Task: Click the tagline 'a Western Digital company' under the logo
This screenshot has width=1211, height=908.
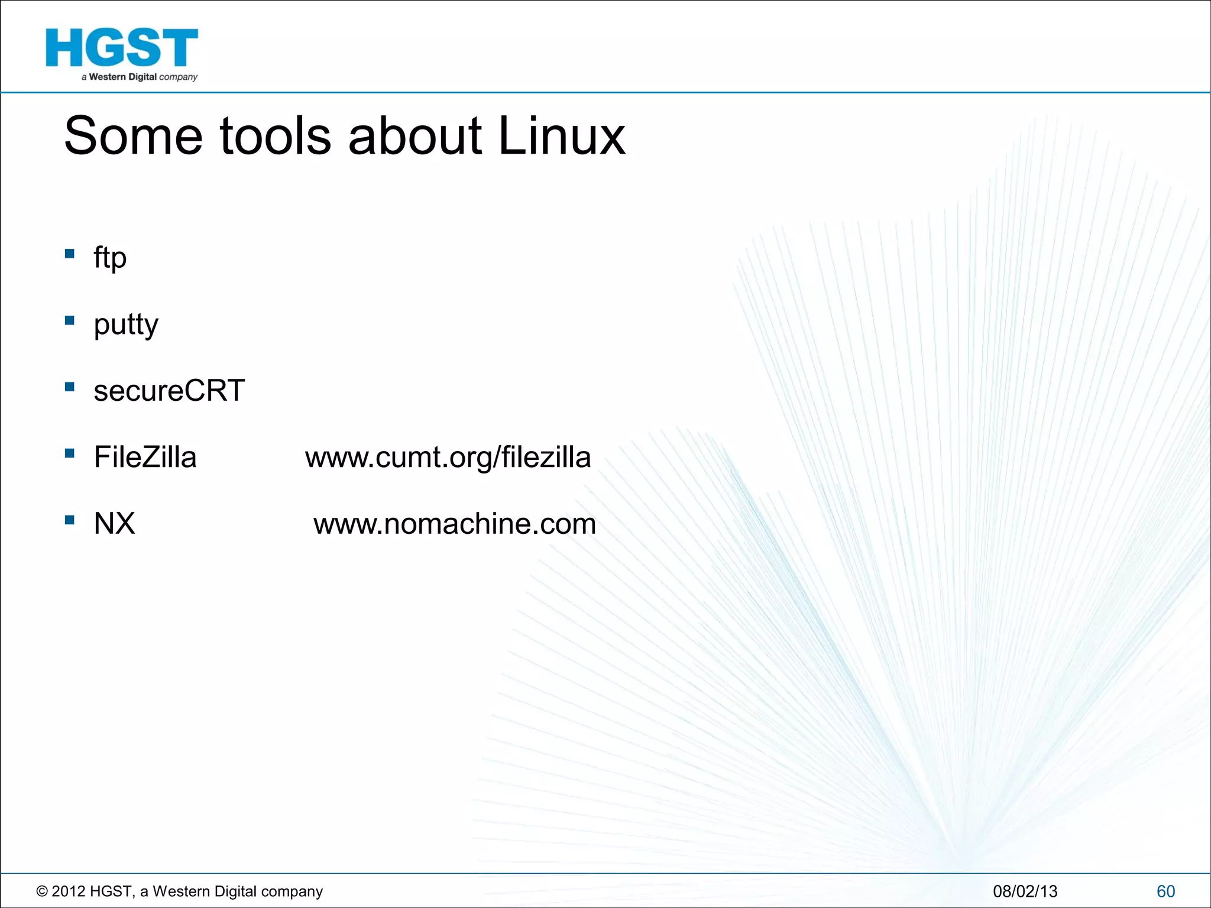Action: (x=140, y=77)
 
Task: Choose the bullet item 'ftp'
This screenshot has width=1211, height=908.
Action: (x=110, y=258)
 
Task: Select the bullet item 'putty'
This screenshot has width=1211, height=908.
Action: (x=126, y=325)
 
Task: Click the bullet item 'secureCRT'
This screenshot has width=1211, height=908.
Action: (x=169, y=391)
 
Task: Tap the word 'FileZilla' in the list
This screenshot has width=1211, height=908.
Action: (x=145, y=458)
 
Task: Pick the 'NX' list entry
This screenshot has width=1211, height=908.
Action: (x=114, y=524)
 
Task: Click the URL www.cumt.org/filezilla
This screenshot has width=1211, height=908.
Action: (x=448, y=458)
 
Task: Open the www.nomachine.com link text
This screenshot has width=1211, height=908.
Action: (x=454, y=524)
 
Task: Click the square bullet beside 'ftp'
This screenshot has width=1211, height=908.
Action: (x=70, y=254)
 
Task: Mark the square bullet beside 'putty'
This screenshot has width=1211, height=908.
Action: (x=70, y=320)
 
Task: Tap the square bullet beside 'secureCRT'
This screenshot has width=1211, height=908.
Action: (x=70, y=387)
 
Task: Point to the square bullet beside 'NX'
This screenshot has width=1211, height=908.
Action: (x=70, y=520)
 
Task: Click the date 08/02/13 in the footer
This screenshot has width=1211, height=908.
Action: (x=1025, y=891)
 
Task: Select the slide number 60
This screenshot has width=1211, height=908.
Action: (x=1165, y=891)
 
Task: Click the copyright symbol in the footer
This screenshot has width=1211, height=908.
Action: (x=42, y=891)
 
